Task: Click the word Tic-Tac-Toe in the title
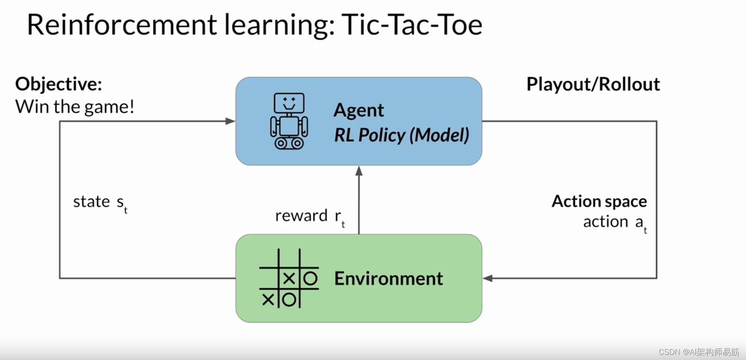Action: (412, 24)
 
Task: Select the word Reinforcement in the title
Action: (122, 24)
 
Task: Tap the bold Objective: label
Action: (58, 84)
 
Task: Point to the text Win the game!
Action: (75, 107)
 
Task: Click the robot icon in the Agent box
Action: (289, 121)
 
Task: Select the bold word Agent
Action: (358, 110)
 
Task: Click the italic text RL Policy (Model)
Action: (401, 135)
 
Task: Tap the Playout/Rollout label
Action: (593, 85)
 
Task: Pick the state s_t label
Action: (100, 202)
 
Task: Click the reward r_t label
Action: (309, 216)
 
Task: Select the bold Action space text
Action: (599, 201)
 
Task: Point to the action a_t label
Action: (615, 223)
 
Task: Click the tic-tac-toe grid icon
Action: (289, 278)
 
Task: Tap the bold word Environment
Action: (388, 279)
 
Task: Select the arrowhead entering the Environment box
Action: (487, 278)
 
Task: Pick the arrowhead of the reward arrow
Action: (359, 171)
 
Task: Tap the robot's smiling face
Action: (289, 103)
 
